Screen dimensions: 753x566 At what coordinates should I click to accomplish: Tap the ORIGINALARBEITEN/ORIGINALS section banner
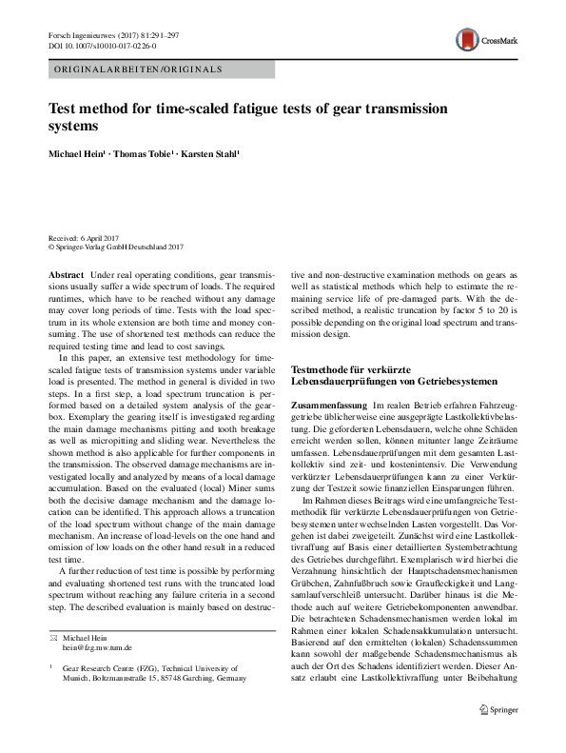139,70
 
